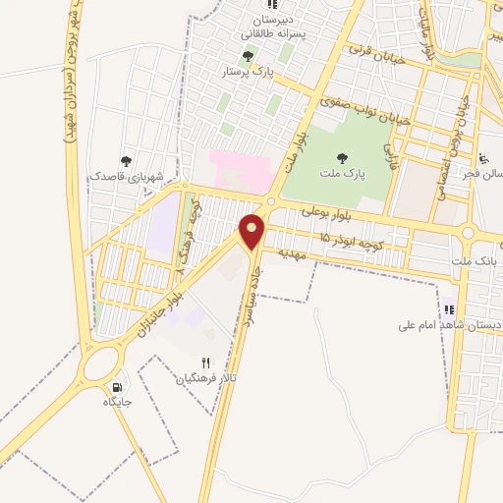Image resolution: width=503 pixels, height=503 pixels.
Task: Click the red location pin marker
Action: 252,231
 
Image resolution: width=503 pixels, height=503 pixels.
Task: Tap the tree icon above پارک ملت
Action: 342,157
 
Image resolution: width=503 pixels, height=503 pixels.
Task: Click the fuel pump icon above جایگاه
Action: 119,386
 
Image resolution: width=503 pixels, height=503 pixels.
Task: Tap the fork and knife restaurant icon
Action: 205,363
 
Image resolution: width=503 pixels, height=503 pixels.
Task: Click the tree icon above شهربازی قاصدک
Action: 126,160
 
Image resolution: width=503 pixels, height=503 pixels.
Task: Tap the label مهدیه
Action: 293,253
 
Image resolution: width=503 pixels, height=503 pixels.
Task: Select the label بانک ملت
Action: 479,262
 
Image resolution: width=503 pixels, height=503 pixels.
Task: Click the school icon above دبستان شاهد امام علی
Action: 449,308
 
